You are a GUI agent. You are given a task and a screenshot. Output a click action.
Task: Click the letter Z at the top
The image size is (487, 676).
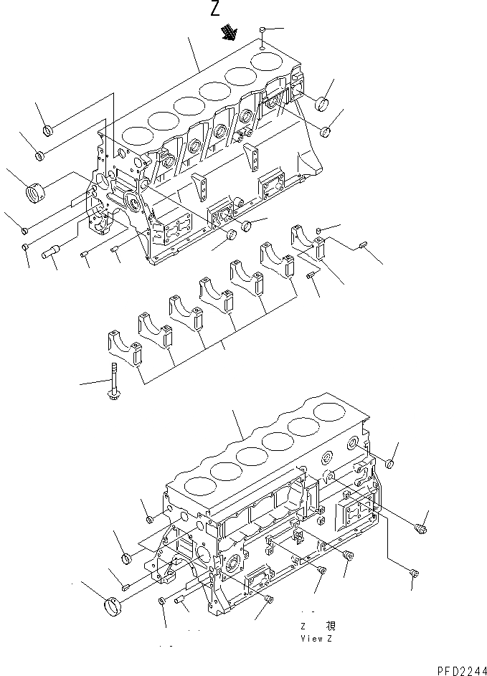(x=215, y=9)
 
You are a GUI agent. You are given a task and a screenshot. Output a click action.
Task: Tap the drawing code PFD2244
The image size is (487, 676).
(x=456, y=668)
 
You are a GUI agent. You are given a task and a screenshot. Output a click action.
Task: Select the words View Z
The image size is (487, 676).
(x=316, y=637)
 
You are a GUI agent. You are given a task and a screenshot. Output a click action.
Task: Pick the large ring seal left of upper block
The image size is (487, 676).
(x=34, y=194)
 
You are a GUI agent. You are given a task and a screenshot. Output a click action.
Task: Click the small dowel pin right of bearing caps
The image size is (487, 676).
(x=363, y=248)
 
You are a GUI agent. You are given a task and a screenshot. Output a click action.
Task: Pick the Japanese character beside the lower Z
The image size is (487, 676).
(x=330, y=626)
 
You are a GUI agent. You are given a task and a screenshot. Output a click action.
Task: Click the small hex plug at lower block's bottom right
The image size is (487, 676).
(x=415, y=572)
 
